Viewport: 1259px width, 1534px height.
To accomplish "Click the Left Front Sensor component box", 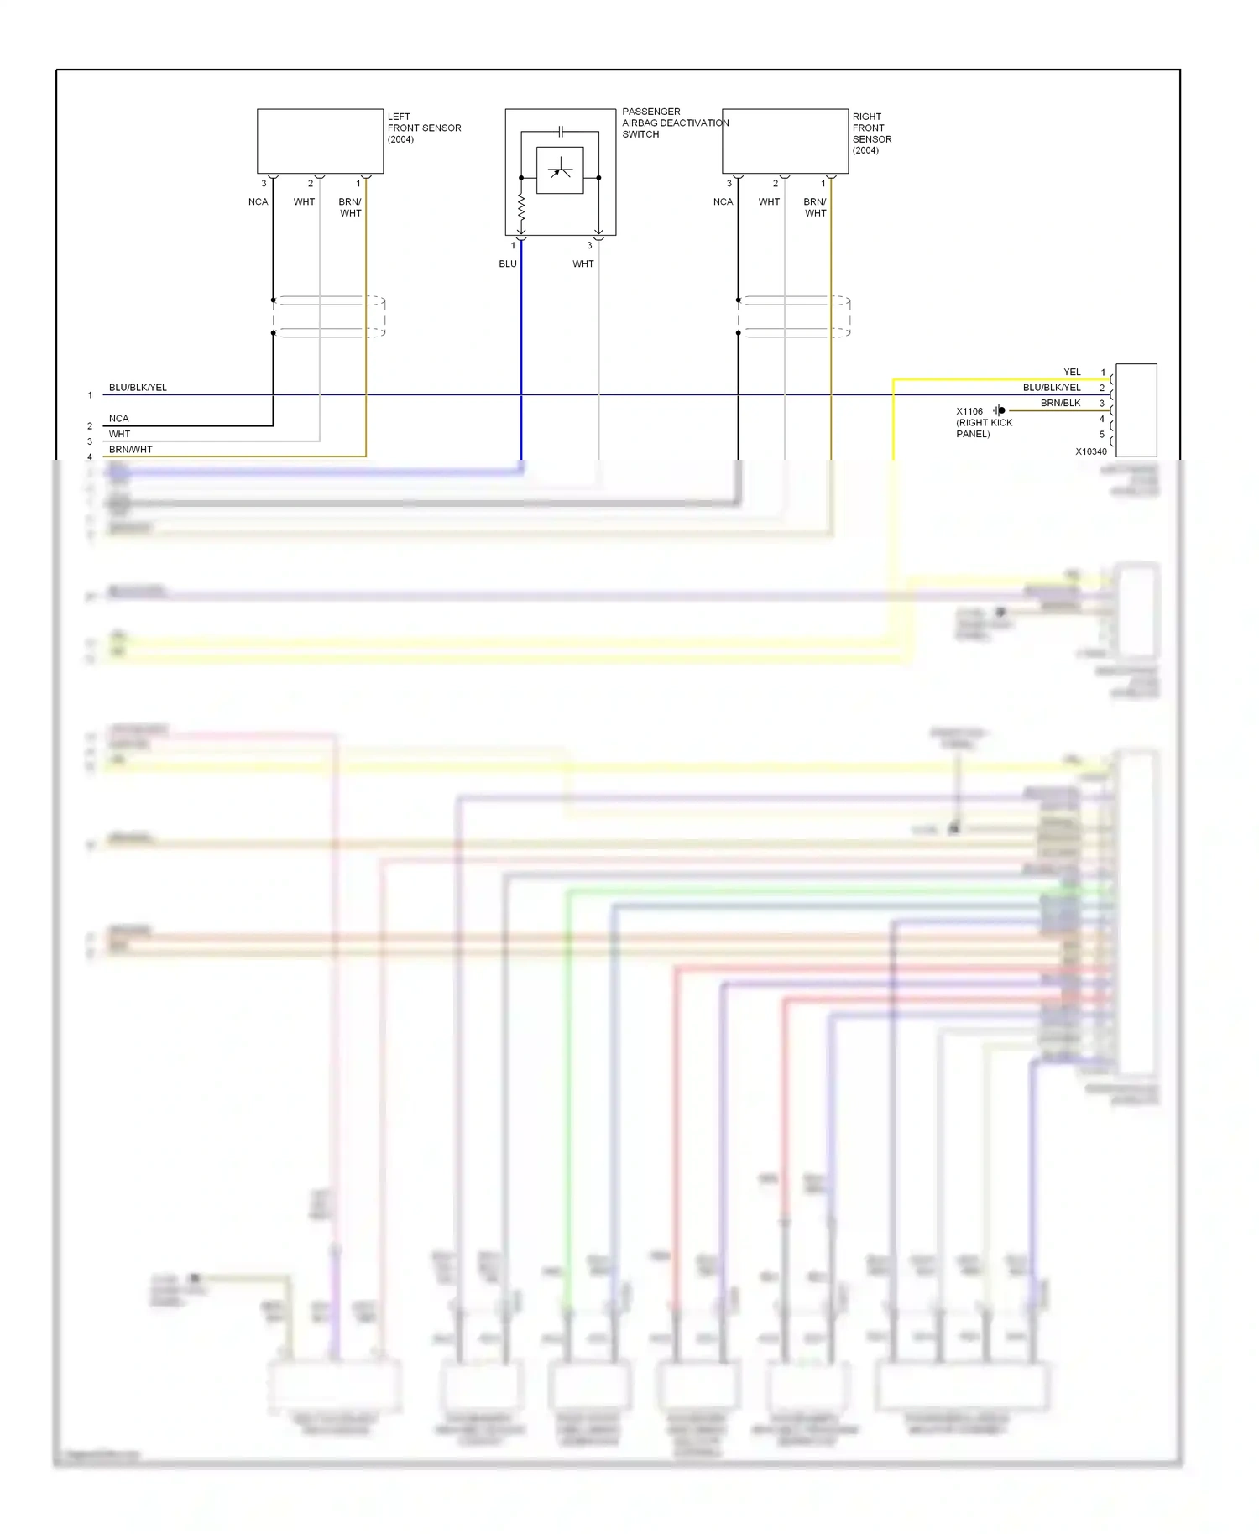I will tap(320, 141).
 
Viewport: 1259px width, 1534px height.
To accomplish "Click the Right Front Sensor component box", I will tap(785, 141).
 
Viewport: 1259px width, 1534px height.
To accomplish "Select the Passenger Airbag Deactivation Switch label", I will tap(674, 123).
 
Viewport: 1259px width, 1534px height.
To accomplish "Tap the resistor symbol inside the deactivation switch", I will tap(521, 206).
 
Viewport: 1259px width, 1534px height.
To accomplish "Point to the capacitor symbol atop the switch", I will tap(561, 132).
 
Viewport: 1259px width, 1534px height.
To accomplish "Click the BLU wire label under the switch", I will tap(508, 263).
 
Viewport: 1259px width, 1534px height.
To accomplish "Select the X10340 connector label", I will tap(1090, 451).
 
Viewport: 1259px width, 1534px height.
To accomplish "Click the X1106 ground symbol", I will tap(999, 410).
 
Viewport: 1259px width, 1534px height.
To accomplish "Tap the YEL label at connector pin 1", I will tap(1072, 372).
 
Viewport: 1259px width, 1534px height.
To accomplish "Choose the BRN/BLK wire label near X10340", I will tap(1060, 403).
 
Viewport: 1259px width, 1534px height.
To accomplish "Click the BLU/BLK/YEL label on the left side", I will tap(138, 388).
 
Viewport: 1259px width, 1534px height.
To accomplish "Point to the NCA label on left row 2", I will tap(118, 418).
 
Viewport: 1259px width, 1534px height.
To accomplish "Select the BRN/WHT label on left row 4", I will tap(131, 450).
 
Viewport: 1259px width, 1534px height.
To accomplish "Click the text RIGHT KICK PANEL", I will tap(984, 428).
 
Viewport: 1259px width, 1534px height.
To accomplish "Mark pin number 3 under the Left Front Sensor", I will tap(264, 183).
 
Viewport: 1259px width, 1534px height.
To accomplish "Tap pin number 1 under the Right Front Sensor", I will tap(823, 183).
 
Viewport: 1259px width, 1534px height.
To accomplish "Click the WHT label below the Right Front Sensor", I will tap(769, 201).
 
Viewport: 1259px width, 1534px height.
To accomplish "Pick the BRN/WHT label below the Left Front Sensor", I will tap(350, 207).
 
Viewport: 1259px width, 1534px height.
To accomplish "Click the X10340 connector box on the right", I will tap(1136, 410).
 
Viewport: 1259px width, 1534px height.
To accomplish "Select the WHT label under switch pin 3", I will tap(582, 263).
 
